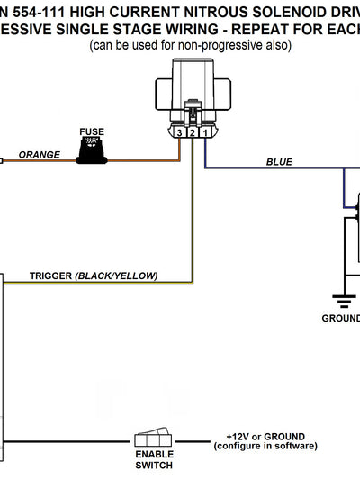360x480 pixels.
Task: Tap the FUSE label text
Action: coord(92,131)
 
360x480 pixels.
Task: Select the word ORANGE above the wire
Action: coord(40,154)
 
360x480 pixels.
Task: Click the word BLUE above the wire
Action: coord(279,162)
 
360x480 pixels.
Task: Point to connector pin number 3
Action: coord(180,133)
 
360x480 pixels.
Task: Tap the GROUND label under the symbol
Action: coord(341,318)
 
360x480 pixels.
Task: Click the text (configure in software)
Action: coord(265,446)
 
